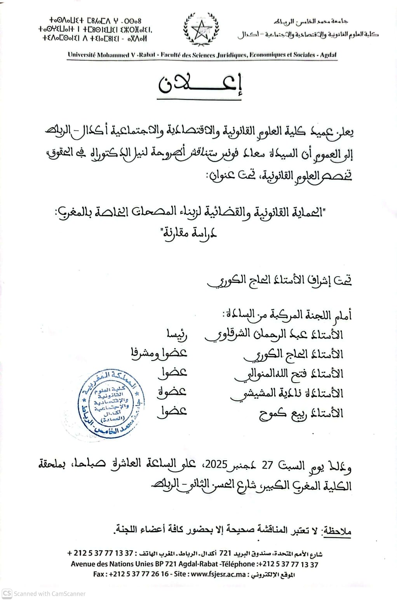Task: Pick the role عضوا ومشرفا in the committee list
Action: coord(159,353)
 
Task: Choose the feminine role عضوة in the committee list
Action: coord(172,392)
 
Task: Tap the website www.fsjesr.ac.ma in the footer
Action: coord(217,574)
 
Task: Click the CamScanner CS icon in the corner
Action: coord(7,594)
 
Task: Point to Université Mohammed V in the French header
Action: coord(99,55)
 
